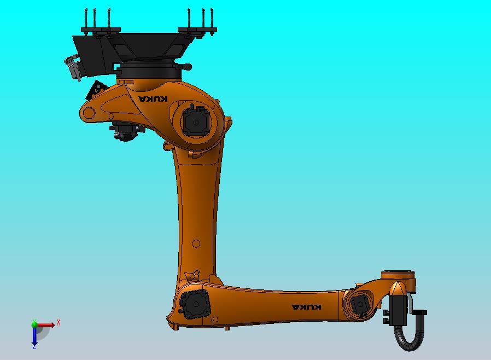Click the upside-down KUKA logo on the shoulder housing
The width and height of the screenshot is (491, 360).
(x=153, y=99)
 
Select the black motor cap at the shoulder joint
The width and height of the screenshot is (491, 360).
(x=195, y=121)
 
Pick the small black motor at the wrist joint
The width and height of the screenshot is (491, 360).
(x=360, y=305)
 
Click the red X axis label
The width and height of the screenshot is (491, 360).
(x=59, y=322)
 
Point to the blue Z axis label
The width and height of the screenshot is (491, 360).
(x=34, y=346)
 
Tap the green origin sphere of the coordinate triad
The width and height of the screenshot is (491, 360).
(x=34, y=324)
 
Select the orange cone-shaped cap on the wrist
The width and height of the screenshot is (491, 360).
(x=398, y=289)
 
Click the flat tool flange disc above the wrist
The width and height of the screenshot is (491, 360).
(x=399, y=274)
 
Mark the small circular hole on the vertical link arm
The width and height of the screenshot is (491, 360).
(x=196, y=243)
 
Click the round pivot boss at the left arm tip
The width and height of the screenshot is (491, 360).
(x=88, y=113)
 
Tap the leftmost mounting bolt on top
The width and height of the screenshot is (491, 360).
(x=86, y=20)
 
